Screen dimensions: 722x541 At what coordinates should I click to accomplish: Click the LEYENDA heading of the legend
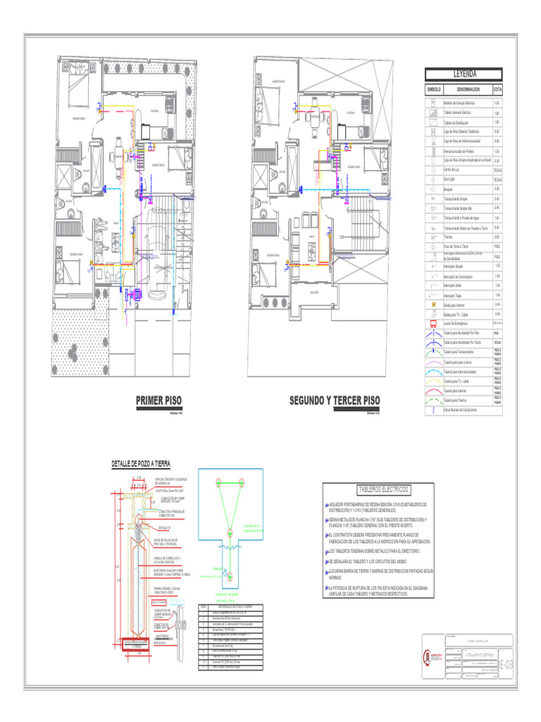(x=463, y=74)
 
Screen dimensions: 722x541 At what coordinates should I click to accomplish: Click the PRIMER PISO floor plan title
(x=158, y=400)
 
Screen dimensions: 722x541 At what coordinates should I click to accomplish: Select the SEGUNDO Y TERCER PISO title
(x=335, y=400)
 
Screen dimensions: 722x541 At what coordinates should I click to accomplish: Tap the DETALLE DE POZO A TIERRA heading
(x=141, y=463)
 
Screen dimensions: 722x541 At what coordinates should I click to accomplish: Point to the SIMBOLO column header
(x=433, y=90)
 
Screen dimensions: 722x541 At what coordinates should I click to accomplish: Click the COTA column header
(x=497, y=90)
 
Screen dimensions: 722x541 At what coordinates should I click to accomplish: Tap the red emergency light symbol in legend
(x=433, y=323)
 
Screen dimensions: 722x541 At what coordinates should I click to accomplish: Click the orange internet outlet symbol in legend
(x=433, y=304)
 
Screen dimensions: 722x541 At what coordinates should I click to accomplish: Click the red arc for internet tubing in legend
(x=433, y=390)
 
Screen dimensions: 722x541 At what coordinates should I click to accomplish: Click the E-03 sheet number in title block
(x=506, y=664)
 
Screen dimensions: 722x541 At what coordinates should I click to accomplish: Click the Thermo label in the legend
(x=448, y=238)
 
